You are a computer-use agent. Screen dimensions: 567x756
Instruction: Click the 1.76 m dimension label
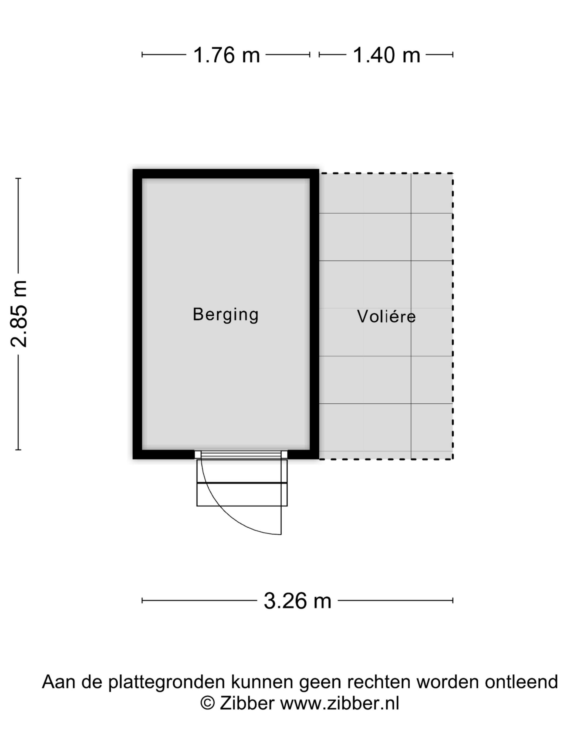coord(227,55)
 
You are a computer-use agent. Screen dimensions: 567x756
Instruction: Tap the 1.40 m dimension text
coord(386,55)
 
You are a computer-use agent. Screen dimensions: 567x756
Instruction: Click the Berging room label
coord(225,315)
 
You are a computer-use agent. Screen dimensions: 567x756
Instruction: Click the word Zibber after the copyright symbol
coord(247,703)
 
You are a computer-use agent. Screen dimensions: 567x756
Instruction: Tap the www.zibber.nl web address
coord(340,703)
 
